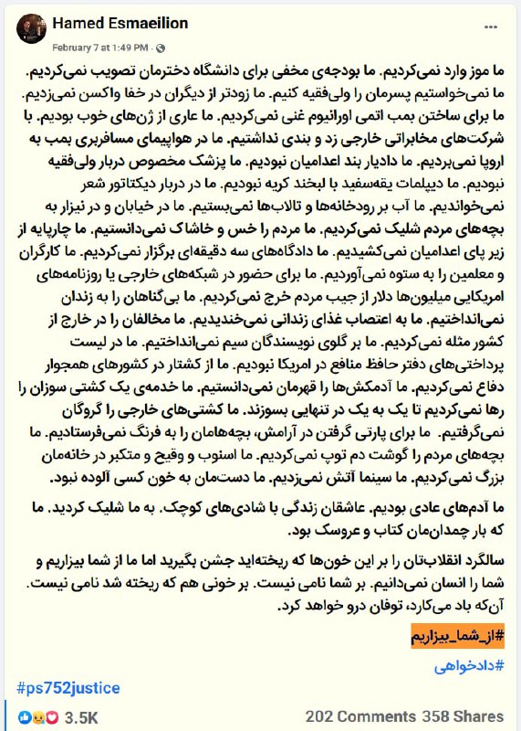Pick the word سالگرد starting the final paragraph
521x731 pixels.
483,560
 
